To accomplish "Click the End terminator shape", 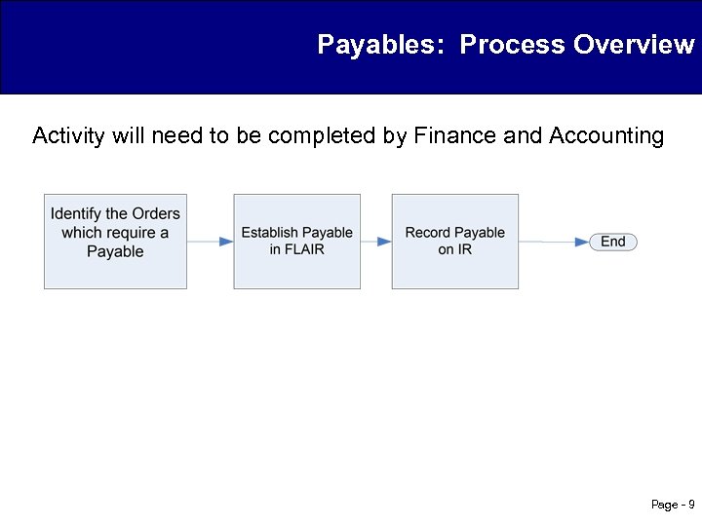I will (x=613, y=242).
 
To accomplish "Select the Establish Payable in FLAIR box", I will (x=296, y=241).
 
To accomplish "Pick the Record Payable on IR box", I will (x=454, y=241).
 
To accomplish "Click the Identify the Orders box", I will (x=115, y=241).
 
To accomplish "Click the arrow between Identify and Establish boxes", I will (x=210, y=241).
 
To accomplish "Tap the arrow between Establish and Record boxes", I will (x=375, y=241).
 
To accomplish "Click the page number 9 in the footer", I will (x=691, y=505).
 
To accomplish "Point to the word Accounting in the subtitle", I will (x=605, y=135).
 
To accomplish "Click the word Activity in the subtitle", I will (x=68, y=135).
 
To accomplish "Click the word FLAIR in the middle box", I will (x=304, y=249).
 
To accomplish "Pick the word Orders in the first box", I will (x=156, y=213).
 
